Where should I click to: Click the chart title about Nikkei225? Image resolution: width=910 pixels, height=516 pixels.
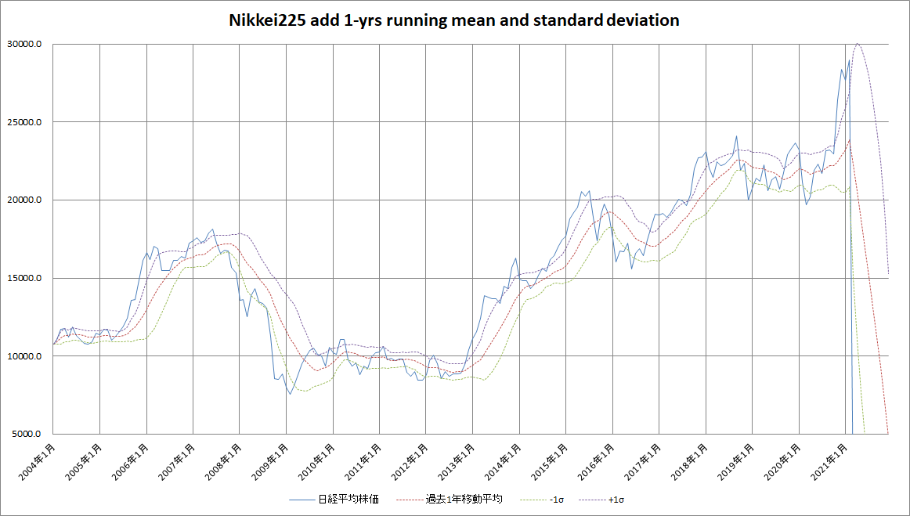[453, 20]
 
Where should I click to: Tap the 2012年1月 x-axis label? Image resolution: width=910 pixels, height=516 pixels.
[410, 462]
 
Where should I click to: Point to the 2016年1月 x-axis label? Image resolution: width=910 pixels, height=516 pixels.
[596, 462]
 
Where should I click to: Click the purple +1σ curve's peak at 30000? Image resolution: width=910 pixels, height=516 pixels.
[858, 44]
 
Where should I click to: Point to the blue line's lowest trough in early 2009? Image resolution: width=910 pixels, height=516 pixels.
[290, 393]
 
